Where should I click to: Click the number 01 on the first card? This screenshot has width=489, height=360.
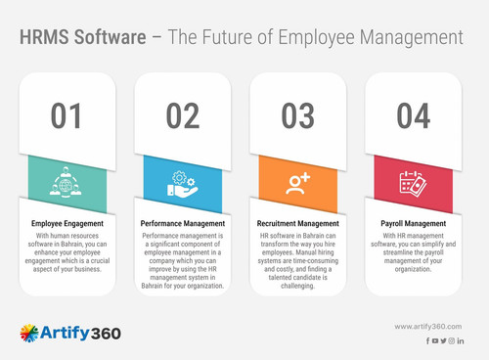pyautogui.click(x=67, y=115)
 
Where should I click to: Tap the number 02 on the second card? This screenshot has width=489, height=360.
pyautogui.click(x=182, y=115)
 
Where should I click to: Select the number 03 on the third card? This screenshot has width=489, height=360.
pyautogui.click(x=297, y=115)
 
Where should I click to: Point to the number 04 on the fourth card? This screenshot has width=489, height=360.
pyautogui.click(x=414, y=115)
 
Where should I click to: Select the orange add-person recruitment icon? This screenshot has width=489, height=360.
pyautogui.click(x=298, y=183)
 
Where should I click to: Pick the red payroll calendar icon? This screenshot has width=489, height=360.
pyautogui.click(x=413, y=183)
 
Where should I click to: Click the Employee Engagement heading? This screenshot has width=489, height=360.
pyautogui.click(x=67, y=224)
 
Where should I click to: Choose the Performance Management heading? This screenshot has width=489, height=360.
pyautogui.click(x=182, y=224)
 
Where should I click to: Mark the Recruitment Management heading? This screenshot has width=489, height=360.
pyautogui.click(x=298, y=224)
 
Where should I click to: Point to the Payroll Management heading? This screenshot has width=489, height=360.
pyautogui.click(x=413, y=224)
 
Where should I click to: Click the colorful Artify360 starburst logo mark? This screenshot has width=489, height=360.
pyautogui.click(x=29, y=334)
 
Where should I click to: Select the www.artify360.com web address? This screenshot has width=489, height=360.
pyautogui.click(x=428, y=326)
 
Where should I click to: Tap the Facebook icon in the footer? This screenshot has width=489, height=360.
pyautogui.click(x=427, y=340)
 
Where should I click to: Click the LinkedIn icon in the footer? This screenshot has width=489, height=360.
pyautogui.click(x=460, y=340)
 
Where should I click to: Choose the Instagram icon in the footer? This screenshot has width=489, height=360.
pyautogui.click(x=451, y=340)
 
